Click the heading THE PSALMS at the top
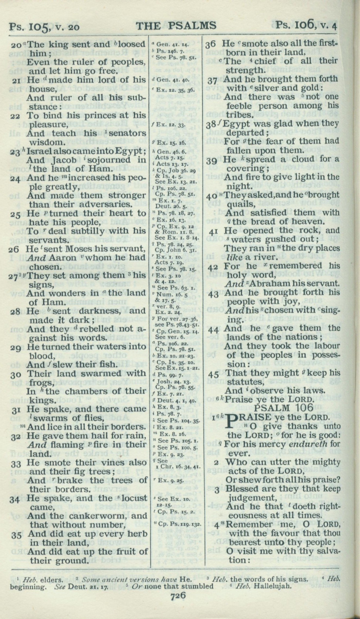pos(176,26)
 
